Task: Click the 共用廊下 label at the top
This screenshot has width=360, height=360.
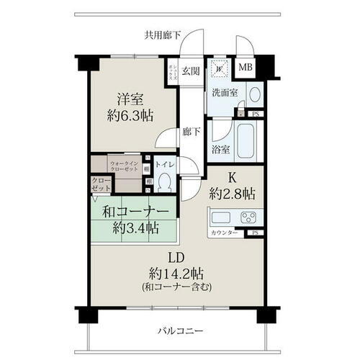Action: click(162, 34)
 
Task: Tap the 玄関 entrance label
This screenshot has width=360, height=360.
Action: click(190, 71)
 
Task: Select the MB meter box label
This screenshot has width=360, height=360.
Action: click(246, 68)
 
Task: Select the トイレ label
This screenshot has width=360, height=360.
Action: click(165, 164)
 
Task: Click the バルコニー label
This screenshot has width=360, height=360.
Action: click(179, 332)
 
